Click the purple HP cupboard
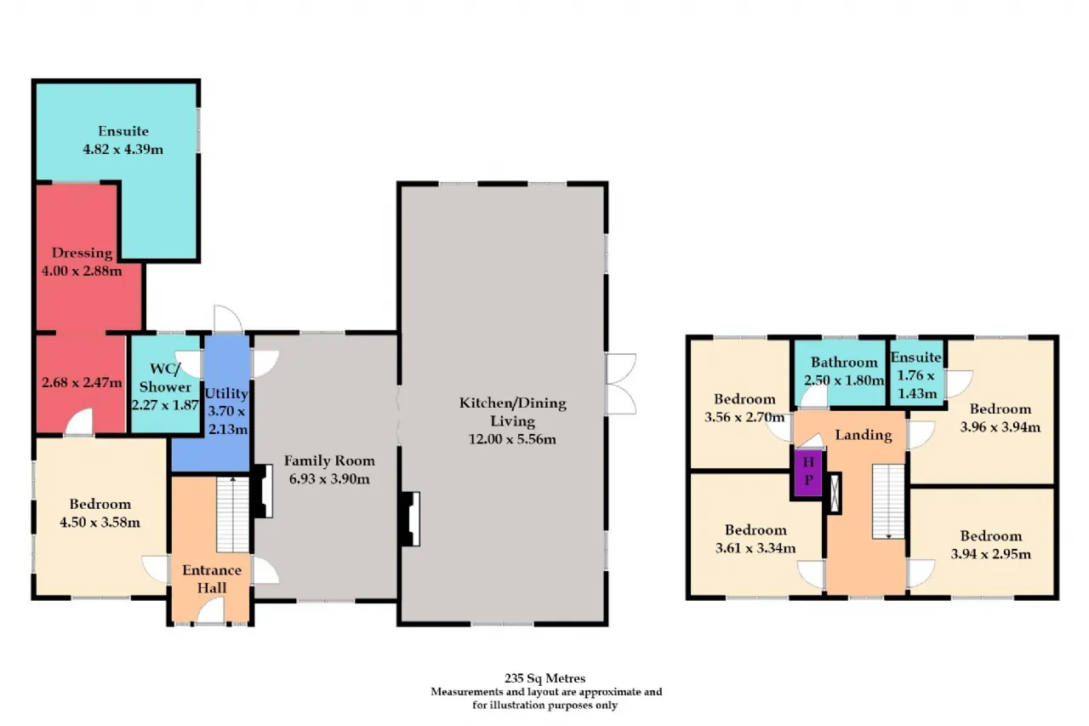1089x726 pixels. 807,472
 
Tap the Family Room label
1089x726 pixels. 329,460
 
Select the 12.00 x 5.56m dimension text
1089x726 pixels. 512,439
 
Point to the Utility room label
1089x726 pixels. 226,393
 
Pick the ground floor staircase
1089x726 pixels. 233,514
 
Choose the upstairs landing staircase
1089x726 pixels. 887,501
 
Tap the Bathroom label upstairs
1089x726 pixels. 844,363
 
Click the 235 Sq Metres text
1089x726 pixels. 544,677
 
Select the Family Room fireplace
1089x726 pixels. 263,490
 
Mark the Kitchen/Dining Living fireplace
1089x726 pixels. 410,519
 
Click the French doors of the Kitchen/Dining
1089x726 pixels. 621,384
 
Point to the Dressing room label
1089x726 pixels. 82,253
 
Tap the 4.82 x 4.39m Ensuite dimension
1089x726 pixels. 123,149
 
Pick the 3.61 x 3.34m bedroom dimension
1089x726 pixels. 755,548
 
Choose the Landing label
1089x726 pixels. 864,435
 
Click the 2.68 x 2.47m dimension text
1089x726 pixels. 82,383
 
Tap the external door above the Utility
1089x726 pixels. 228,319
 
